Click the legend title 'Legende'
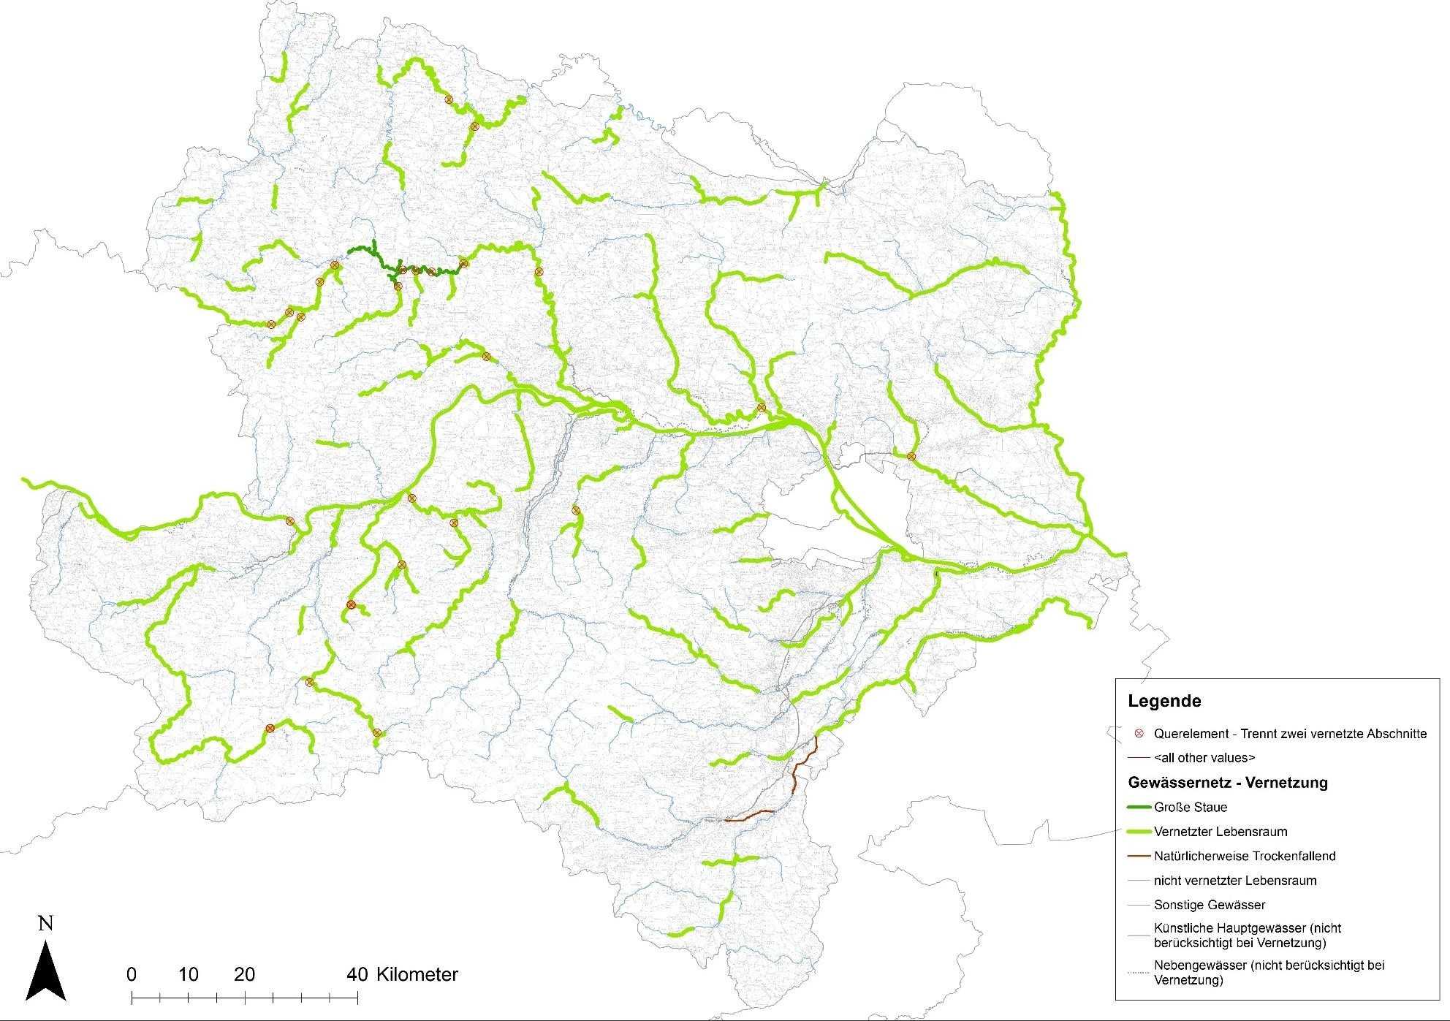[1164, 702]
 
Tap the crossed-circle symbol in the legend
[1139, 733]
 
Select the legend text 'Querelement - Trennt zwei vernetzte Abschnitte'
[1290, 733]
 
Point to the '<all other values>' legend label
[1204, 757]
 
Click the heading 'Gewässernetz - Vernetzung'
[1228, 783]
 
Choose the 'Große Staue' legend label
[1191, 808]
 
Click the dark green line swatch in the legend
[1139, 808]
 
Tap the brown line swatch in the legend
[1139, 856]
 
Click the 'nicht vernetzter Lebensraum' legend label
[1235, 881]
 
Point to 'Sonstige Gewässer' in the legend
[1210, 905]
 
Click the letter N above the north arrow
[45, 924]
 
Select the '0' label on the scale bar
[132, 974]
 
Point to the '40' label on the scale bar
[357, 974]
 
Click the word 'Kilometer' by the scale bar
[417, 974]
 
